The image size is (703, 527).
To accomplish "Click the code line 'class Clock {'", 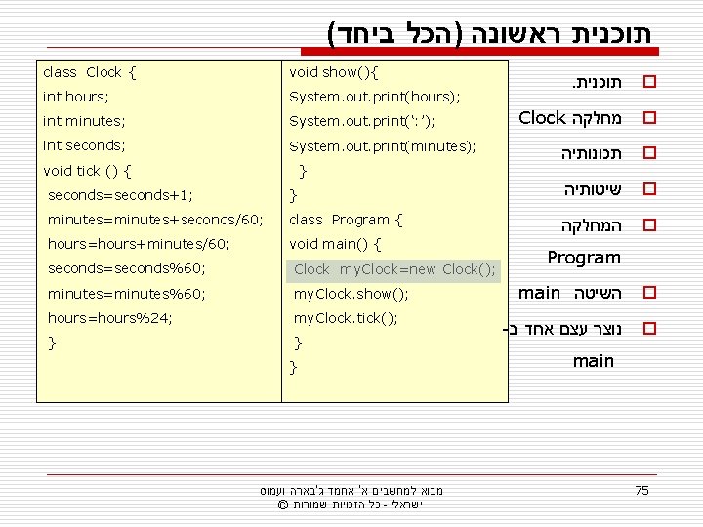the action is pos(90,72).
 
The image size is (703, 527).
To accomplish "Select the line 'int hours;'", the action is pos(76,97).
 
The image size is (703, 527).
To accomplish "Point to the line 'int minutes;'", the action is pos(84,121).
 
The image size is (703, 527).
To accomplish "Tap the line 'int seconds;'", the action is pos(85,145).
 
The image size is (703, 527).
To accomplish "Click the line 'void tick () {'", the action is pos(88,171).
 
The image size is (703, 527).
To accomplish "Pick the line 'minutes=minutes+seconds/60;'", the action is pos(155,220).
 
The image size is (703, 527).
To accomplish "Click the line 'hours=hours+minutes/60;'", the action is pos(139,244).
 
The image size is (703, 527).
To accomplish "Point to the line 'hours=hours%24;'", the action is pos(110,317).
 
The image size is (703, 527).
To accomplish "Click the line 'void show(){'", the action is pos(334,72).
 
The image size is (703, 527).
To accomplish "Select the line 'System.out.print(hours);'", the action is pos(375,97).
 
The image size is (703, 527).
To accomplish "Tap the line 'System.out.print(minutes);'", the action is pos(383,145).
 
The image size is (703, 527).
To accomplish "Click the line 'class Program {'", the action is pos(347,220).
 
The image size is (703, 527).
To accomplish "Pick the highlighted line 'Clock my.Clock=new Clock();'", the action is pos(394,269).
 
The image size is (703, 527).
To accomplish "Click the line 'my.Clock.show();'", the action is pos(351,294).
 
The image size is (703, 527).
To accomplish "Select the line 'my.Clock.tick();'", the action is pos(346,318).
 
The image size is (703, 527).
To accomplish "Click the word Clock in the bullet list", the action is pos(543,118).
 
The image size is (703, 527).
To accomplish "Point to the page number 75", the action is pos(641,490).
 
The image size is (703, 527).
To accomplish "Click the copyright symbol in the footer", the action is pos(283,506).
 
